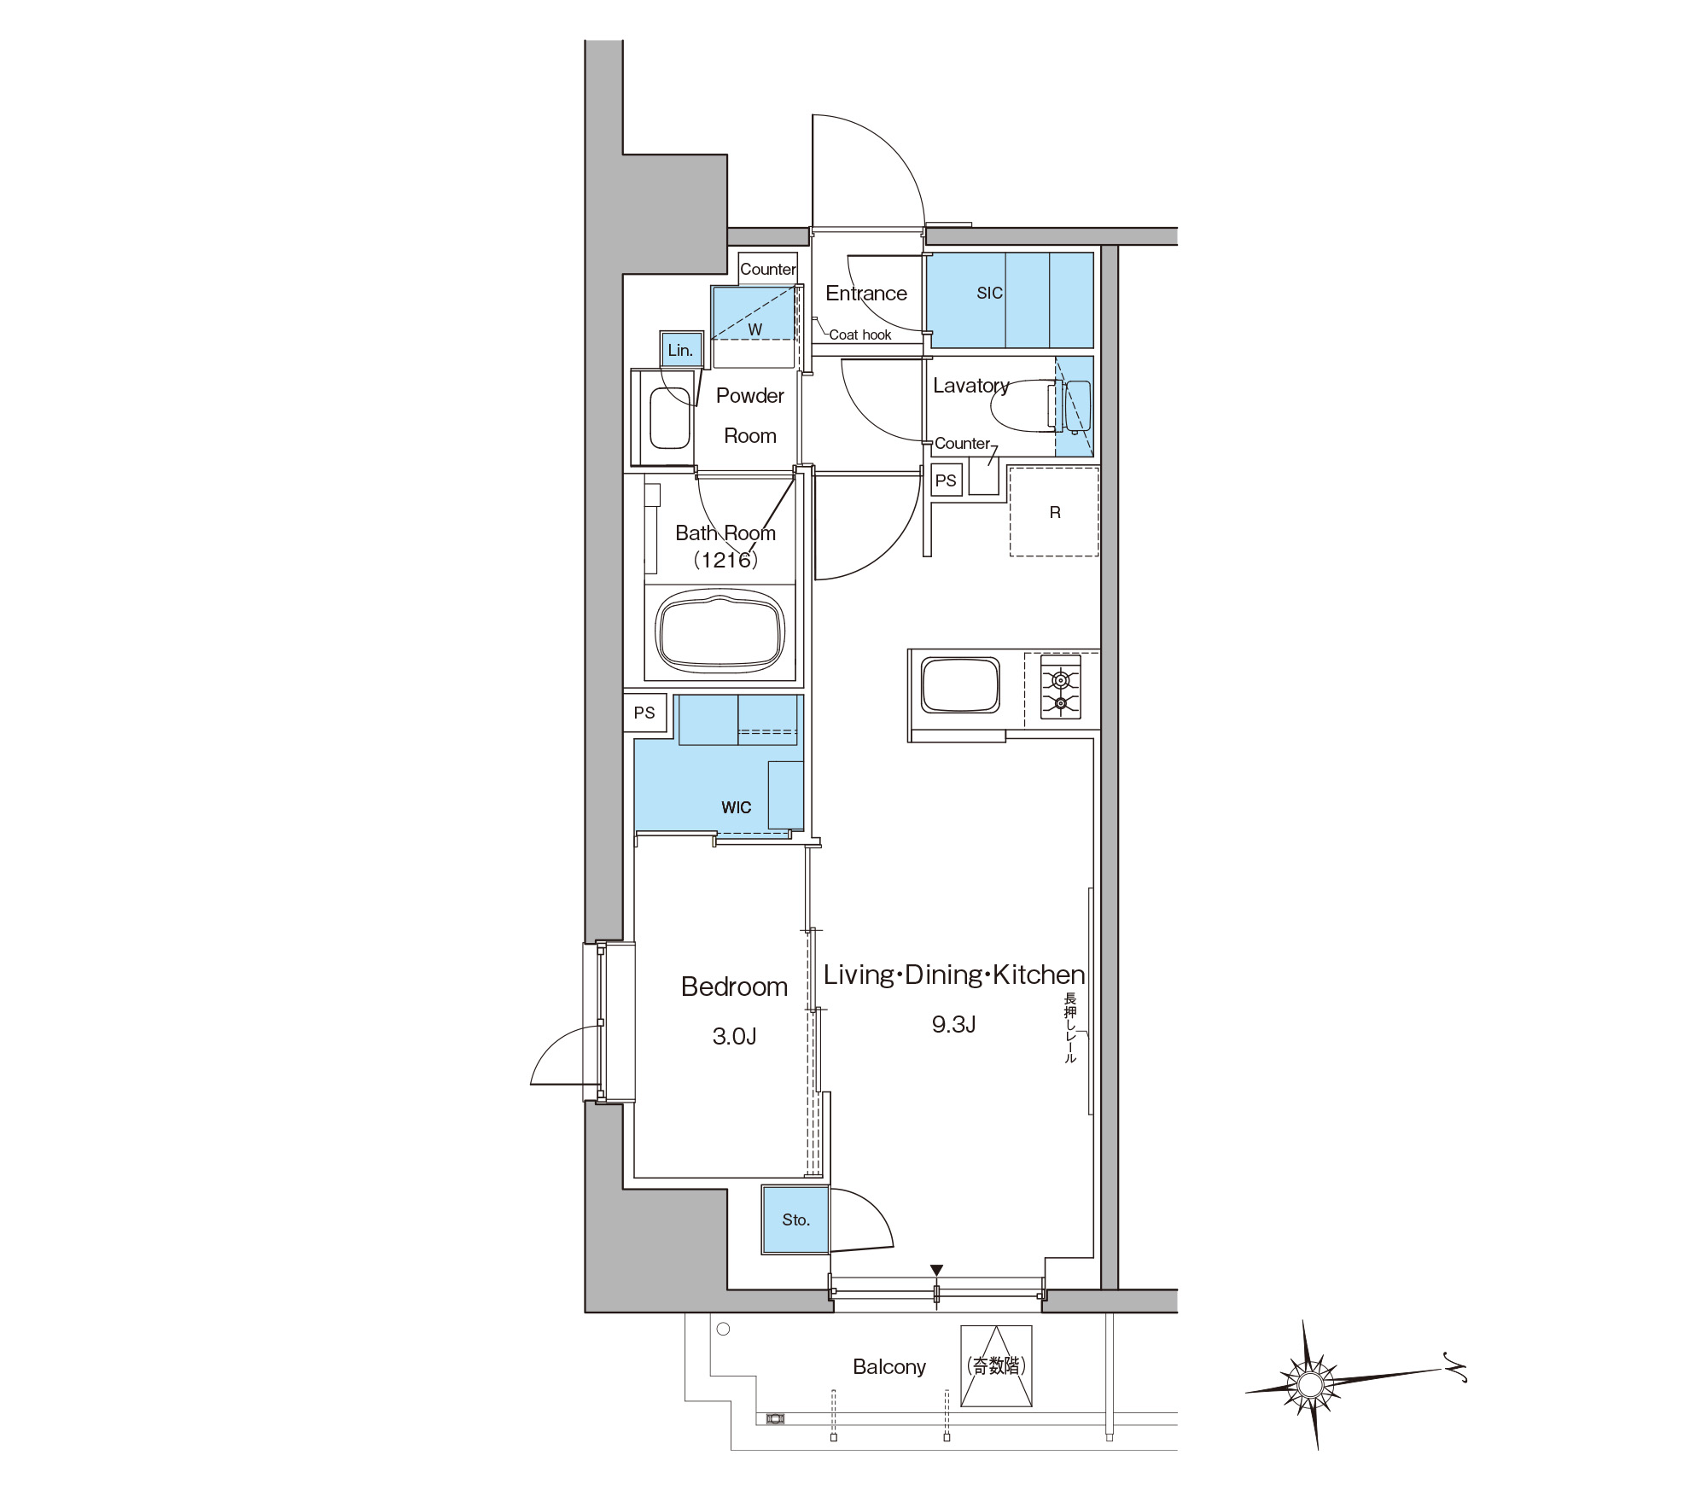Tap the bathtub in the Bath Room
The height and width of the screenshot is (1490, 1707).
tap(720, 633)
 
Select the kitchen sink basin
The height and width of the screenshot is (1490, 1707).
tap(961, 684)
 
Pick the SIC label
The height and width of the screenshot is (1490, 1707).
tap(989, 293)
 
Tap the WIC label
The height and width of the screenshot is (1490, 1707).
tap(736, 807)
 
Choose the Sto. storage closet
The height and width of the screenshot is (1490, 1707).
tap(795, 1219)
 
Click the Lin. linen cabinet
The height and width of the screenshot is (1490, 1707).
tap(681, 350)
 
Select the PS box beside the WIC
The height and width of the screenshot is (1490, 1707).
tap(644, 713)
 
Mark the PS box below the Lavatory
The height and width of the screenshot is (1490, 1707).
tap(946, 480)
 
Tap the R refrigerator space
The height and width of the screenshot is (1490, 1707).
tap(1054, 511)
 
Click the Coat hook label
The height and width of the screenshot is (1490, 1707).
tap(860, 335)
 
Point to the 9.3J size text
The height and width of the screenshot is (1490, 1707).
tap(953, 1024)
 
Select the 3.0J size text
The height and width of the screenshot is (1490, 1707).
tap(734, 1036)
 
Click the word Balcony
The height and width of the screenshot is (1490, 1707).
tap(889, 1366)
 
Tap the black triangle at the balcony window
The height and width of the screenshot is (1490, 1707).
tap(936, 1271)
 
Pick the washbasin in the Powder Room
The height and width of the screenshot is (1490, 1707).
tap(670, 418)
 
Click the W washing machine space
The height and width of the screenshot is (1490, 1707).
tap(754, 312)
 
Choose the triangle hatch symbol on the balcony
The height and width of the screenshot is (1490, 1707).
tap(996, 1366)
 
